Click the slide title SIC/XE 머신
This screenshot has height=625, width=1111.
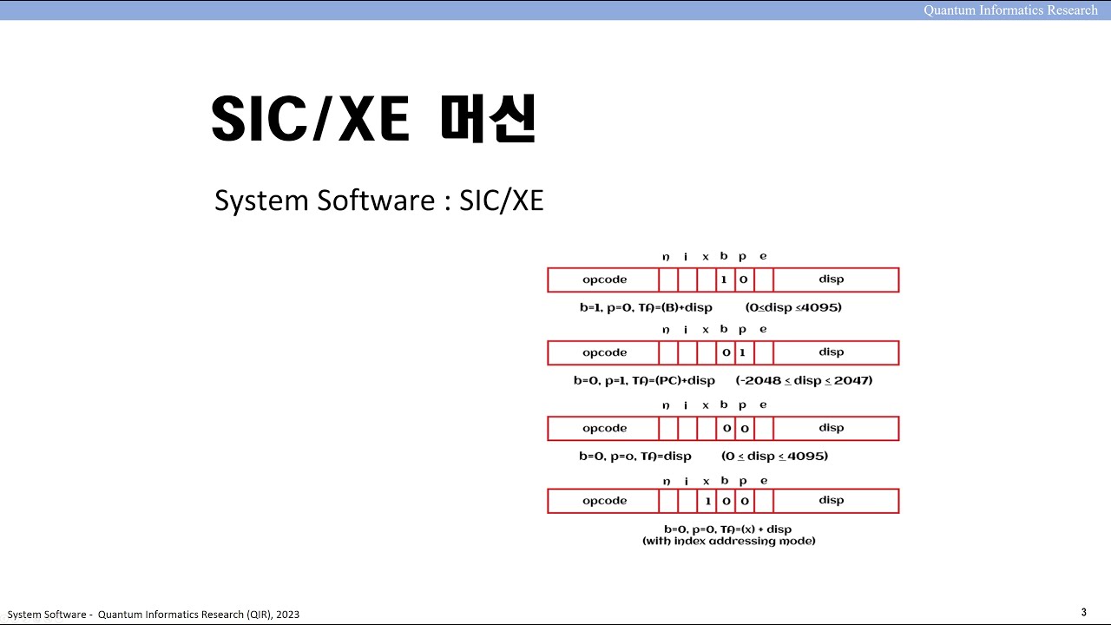pyautogui.click(x=374, y=119)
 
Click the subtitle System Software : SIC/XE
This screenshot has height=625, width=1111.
pyautogui.click(x=378, y=201)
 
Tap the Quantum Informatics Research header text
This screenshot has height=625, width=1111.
pyautogui.click(x=1010, y=10)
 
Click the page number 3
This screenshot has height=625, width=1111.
pyautogui.click(x=1083, y=612)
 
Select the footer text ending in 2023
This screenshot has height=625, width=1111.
pyautogui.click(x=154, y=615)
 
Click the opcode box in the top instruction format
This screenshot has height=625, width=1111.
pyautogui.click(x=604, y=280)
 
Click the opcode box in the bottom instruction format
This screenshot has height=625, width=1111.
pyautogui.click(x=604, y=501)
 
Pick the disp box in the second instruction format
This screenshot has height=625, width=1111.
pyautogui.click(x=831, y=352)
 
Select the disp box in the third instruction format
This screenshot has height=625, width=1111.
pyautogui.click(x=831, y=428)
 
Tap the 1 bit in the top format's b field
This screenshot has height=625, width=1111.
pyautogui.click(x=725, y=280)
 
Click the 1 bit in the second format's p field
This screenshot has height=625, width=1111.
pyautogui.click(x=743, y=352)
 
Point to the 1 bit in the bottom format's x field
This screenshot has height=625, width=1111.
pyautogui.click(x=707, y=501)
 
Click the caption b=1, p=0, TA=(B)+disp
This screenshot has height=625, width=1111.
pyautogui.click(x=646, y=307)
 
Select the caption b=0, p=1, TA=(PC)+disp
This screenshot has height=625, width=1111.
pyautogui.click(x=644, y=380)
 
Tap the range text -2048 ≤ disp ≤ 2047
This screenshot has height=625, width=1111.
pyautogui.click(x=805, y=380)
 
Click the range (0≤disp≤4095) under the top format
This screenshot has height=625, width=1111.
pyautogui.click(x=792, y=307)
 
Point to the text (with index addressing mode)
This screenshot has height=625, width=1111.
pyautogui.click(x=728, y=541)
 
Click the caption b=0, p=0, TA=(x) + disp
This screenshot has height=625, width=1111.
pyautogui.click(x=727, y=529)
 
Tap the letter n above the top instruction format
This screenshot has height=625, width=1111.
pyautogui.click(x=666, y=257)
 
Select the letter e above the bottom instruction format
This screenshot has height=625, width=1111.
pyautogui.click(x=763, y=481)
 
